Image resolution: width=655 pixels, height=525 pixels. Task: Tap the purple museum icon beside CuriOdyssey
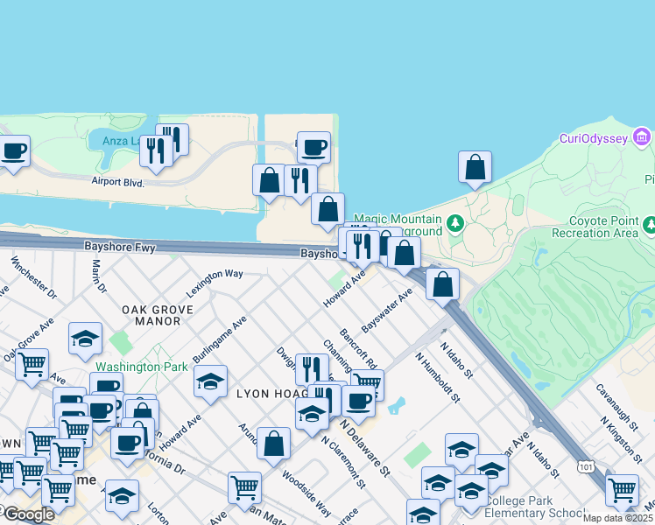point(642,138)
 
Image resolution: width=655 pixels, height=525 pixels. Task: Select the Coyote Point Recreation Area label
point(601,227)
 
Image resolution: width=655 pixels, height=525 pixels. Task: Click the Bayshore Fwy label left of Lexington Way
point(119,248)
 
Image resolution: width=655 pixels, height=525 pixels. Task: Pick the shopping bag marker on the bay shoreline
point(474,167)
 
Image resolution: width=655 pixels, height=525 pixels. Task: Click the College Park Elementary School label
point(533,507)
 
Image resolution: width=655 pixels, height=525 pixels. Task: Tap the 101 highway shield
point(587,468)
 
